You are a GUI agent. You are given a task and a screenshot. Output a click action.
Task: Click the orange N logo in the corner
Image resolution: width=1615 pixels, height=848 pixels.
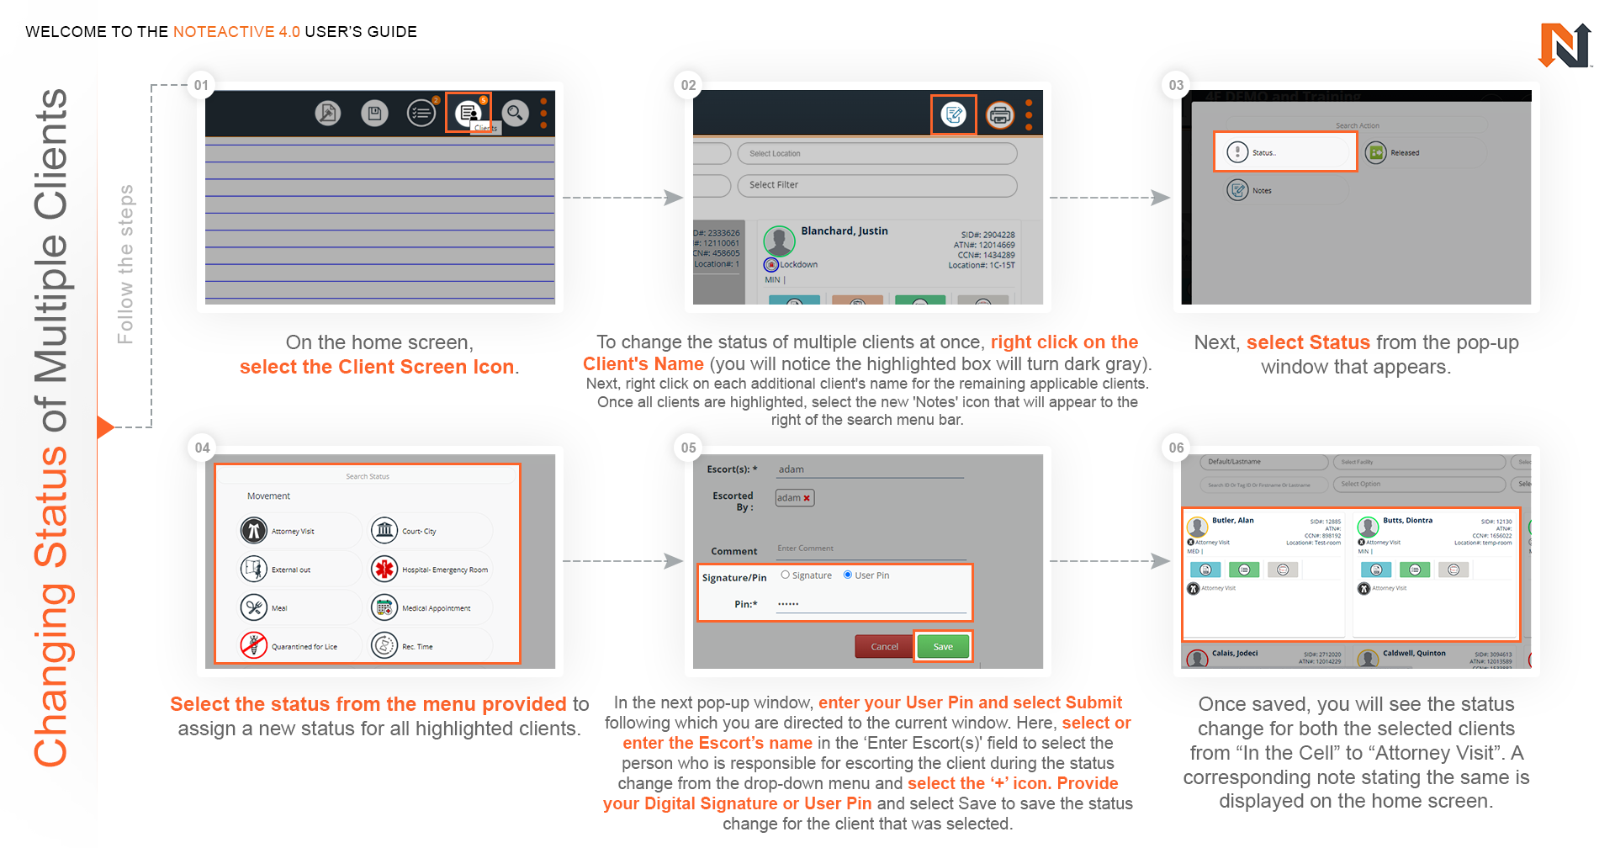1565,45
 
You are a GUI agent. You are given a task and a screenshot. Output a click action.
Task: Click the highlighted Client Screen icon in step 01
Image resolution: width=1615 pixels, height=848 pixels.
468,112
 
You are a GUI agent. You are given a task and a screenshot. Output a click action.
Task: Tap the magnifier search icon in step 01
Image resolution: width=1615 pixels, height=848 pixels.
515,112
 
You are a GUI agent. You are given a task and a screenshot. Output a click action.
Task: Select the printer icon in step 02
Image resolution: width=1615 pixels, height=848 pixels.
999,114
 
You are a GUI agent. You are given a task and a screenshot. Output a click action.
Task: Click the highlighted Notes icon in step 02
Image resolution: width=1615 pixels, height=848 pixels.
953,114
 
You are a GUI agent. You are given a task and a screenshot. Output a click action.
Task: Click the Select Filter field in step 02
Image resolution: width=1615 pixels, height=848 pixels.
876,185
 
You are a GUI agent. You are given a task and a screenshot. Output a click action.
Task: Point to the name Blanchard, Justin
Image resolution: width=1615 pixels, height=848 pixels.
844,231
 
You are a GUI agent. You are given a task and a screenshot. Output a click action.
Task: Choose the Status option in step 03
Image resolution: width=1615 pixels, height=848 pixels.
1284,152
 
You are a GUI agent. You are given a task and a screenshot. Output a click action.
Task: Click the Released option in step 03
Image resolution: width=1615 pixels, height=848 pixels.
1404,152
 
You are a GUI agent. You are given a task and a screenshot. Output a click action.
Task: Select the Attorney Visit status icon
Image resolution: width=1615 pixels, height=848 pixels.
253,531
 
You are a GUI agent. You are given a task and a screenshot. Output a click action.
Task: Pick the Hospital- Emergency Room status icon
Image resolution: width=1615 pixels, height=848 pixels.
384,570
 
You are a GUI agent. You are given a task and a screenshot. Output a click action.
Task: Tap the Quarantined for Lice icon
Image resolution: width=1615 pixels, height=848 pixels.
253,646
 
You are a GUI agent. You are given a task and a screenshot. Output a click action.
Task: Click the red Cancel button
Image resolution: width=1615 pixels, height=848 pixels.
883,646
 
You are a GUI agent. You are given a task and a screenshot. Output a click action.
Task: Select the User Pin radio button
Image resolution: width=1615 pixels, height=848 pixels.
848,575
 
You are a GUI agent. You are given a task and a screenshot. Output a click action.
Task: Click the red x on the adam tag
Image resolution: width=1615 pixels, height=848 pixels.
807,498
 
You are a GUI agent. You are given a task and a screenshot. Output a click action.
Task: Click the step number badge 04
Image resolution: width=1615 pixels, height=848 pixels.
202,448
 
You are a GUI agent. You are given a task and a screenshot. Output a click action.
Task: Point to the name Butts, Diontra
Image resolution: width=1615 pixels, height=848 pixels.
1407,520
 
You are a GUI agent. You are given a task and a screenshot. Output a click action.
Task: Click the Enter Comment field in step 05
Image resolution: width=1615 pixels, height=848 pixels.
866,549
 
